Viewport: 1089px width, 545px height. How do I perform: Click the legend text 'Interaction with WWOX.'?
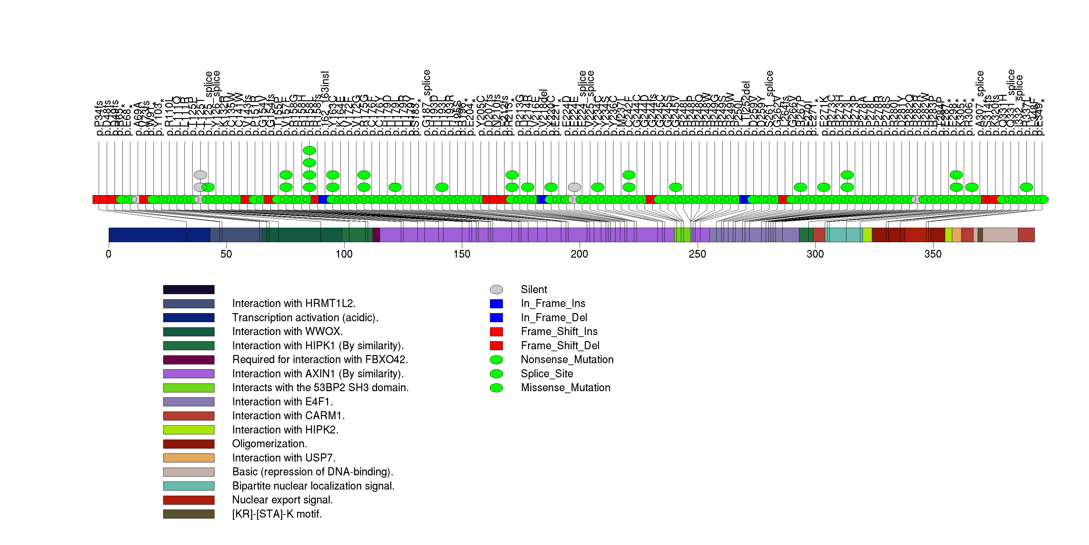point(287,332)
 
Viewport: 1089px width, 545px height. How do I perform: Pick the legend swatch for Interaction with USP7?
point(189,458)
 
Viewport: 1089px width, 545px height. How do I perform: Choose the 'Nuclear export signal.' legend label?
point(282,500)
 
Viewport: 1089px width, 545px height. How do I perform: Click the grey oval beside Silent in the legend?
point(496,289)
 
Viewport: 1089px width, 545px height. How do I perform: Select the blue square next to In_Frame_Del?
point(496,318)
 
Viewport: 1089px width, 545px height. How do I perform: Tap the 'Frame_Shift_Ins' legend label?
point(559,332)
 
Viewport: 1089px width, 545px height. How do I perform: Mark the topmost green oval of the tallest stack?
point(309,150)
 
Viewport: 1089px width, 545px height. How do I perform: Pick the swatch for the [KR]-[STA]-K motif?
point(189,514)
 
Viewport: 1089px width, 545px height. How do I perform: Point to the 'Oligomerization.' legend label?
point(269,444)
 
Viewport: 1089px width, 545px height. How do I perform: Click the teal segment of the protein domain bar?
point(844,235)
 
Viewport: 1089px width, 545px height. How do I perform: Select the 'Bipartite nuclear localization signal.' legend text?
point(313,486)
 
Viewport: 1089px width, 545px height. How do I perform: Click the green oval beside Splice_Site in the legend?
point(496,374)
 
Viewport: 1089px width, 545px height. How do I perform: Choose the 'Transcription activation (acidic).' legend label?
point(305,318)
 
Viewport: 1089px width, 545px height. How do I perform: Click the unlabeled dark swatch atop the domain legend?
point(189,289)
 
